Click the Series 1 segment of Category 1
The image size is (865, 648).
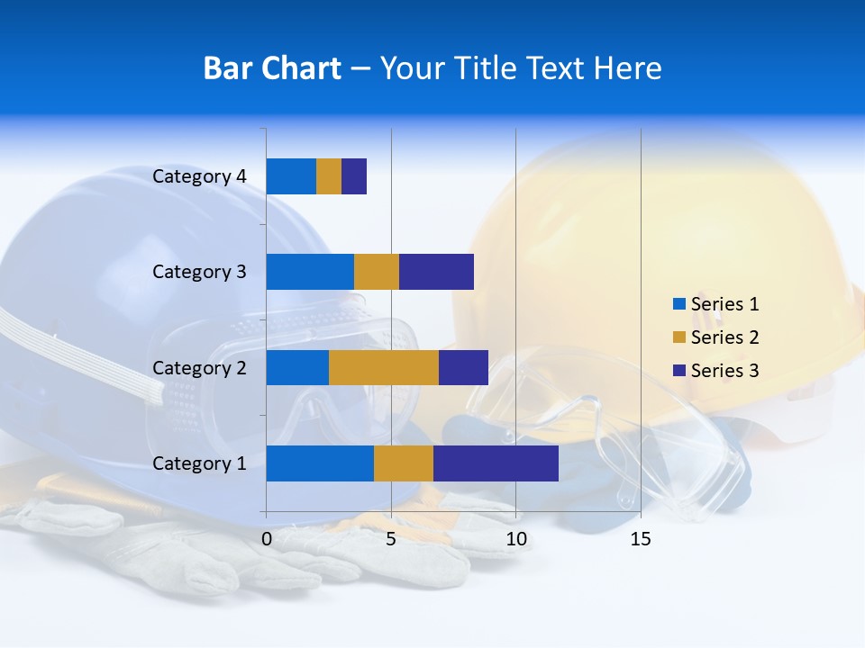pyautogui.click(x=320, y=463)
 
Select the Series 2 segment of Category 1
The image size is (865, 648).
pyautogui.click(x=404, y=463)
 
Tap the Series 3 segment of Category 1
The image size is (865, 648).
pyautogui.click(x=496, y=463)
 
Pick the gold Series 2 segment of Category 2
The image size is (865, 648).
pyautogui.click(x=384, y=367)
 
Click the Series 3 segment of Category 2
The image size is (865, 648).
pyautogui.click(x=463, y=367)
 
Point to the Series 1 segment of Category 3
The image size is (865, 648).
pyautogui.click(x=310, y=272)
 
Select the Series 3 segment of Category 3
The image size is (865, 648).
pyautogui.click(x=436, y=272)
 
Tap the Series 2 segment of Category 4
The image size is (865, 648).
pyautogui.click(x=329, y=176)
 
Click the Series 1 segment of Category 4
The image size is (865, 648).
pyautogui.click(x=291, y=176)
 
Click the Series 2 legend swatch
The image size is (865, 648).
pyautogui.click(x=678, y=337)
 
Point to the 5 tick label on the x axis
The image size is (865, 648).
pyautogui.click(x=391, y=540)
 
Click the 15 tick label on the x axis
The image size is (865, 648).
pyautogui.click(x=641, y=540)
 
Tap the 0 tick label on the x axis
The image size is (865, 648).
pyautogui.click(x=267, y=540)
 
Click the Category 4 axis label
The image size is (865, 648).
pyautogui.click(x=199, y=176)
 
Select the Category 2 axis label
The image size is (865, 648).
pyautogui.click(x=199, y=367)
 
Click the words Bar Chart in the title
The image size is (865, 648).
pyautogui.click(x=272, y=68)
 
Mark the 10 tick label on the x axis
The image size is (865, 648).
pyautogui.click(x=515, y=540)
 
